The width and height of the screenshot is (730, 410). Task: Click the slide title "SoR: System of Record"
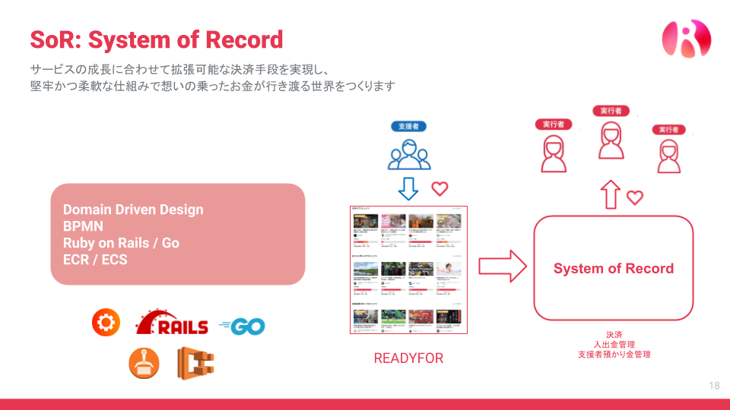pyautogui.click(x=156, y=39)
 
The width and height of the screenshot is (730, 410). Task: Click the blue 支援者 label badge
pyautogui.click(x=409, y=126)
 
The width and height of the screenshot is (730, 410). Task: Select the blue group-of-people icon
pyautogui.click(x=409, y=154)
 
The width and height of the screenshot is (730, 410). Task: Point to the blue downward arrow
pyautogui.click(x=409, y=188)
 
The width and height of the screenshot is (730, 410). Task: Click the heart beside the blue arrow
pyautogui.click(x=440, y=188)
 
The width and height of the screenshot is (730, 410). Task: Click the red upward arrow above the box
pyautogui.click(x=610, y=195)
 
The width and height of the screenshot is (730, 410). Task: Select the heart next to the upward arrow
pyautogui.click(x=635, y=197)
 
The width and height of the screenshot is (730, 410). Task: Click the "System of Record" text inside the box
pyautogui.click(x=613, y=268)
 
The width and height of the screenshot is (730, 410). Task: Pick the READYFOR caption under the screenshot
pyautogui.click(x=408, y=358)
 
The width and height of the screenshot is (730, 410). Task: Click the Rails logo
pyautogui.click(x=172, y=323)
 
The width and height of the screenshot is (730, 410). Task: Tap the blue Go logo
pyautogui.click(x=242, y=326)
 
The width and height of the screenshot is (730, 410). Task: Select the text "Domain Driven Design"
pyautogui.click(x=133, y=210)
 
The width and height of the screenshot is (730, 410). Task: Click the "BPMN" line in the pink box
pyautogui.click(x=83, y=226)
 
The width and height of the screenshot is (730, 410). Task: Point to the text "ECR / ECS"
pyautogui.click(x=95, y=260)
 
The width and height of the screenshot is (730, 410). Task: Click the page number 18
pyautogui.click(x=713, y=386)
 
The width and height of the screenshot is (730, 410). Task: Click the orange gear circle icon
pyautogui.click(x=106, y=323)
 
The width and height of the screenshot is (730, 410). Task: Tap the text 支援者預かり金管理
pyautogui.click(x=614, y=355)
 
